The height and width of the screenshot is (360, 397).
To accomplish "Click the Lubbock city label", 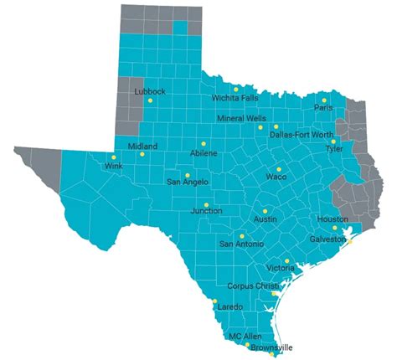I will pyautogui.click(x=152, y=91).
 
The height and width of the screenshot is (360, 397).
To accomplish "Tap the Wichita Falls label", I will pyautogui.click(x=235, y=98).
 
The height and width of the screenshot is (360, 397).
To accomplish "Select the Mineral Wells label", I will pyautogui.click(x=242, y=119).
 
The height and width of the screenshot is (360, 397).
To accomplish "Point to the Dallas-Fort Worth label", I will pyautogui.click(x=302, y=135).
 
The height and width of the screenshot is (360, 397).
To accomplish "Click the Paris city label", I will pyautogui.click(x=324, y=108).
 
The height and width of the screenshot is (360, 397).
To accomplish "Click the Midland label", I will pyautogui.click(x=142, y=147).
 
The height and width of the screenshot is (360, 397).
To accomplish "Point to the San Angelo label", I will pyautogui.click(x=188, y=182).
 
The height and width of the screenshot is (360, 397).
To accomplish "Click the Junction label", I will pyautogui.click(x=206, y=211).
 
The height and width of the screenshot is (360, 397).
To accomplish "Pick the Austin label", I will pyautogui.click(x=265, y=219).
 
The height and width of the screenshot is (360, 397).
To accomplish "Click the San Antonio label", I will pyautogui.click(x=241, y=244).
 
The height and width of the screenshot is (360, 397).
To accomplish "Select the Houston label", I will pyautogui.click(x=333, y=219).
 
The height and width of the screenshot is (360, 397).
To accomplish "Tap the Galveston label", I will pyautogui.click(x=327, y=239).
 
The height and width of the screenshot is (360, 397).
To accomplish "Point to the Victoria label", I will pyautogui.click(x=280, y=268).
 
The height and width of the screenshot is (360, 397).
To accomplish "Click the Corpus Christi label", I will pyautogui.click(x=252, y=286).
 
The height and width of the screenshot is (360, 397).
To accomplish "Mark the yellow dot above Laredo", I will pyautogui.click(x=214, y=301).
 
